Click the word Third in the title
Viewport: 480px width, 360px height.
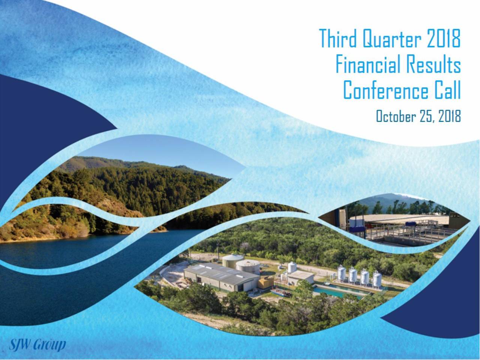338,38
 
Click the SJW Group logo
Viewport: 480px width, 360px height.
37,345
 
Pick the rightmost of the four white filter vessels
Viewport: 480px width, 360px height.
377,278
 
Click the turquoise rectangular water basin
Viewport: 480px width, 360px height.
338,291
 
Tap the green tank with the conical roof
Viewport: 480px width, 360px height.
232,260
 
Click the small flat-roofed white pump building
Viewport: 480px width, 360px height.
301,278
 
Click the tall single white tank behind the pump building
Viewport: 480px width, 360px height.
292,267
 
